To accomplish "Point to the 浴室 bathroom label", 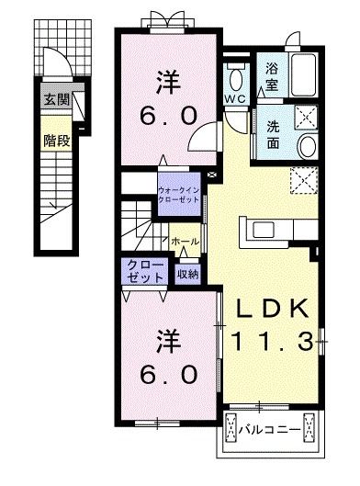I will [x=273, y=73].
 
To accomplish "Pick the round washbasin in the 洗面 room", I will [x=307, y=148].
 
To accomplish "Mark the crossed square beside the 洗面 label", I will [x=308, y=117].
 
